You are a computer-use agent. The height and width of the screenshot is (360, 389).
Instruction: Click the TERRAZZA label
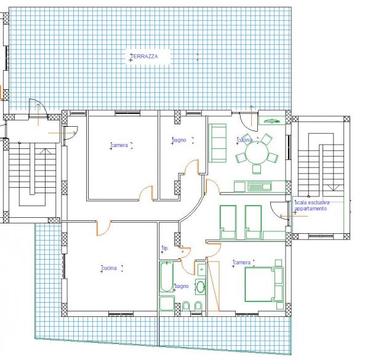pos(145,57)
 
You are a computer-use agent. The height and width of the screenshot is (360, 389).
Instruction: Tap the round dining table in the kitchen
pos(257,153)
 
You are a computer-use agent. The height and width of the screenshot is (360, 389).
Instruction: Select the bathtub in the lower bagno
pos(166,277)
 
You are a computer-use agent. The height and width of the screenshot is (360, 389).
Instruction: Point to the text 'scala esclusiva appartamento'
pos(312,206)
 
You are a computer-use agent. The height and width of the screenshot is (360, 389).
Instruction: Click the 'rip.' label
pos(165,248)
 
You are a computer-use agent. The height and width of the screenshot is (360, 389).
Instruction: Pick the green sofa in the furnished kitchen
pos(217,143)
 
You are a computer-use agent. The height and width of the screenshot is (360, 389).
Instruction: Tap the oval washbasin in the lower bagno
pos(201,287)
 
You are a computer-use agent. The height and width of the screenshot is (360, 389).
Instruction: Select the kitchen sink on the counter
pos(259,186)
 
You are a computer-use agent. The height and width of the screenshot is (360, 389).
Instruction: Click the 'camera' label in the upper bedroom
pos(119,145)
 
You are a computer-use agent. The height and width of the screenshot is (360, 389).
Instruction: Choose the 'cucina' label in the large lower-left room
pos(109,268)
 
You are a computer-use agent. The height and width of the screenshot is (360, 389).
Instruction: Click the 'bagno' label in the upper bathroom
pos(179,140)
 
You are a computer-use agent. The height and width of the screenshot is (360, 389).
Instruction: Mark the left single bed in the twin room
pos(228,222)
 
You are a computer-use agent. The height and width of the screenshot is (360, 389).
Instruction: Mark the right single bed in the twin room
pos(253,222)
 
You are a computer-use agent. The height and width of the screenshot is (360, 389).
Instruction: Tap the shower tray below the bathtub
pos(167,303)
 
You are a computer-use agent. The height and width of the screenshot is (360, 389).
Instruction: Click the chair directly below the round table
pos(257,169)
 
